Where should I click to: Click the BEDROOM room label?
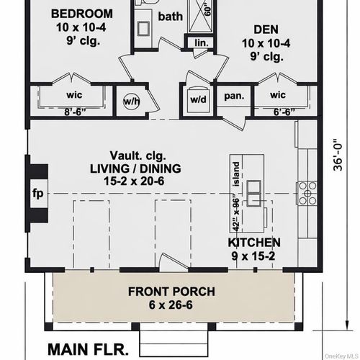[83, 14]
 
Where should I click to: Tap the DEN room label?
[266, 30]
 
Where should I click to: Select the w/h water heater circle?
[132, 102]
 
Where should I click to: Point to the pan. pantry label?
[233, 94]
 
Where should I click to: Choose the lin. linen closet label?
[201, 43]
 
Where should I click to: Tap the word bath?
[171, 17]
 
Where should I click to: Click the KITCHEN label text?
[254, 243]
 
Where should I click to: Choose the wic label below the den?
[278, 94]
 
